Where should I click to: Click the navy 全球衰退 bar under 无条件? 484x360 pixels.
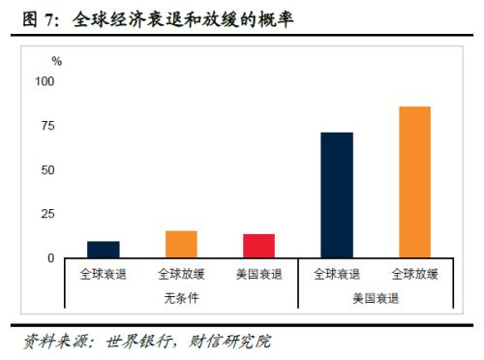[x=104, y=250]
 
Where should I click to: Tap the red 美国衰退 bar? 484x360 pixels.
[x=258, y=246]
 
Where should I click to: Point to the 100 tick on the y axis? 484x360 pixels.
[x=45, y=81]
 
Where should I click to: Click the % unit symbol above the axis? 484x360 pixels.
[x=57, y=61]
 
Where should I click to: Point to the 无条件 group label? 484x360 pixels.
[x=181, y=299]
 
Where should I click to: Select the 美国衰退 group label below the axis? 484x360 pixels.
[x=376, y=299]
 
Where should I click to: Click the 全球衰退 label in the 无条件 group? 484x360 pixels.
[x=104, y=275]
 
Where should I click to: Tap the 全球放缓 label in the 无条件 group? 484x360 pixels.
[x=181, y=275]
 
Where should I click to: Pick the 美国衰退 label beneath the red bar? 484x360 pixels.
[x=258, y=275]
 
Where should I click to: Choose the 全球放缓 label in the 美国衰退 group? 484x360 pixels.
[x=414, y=275]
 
